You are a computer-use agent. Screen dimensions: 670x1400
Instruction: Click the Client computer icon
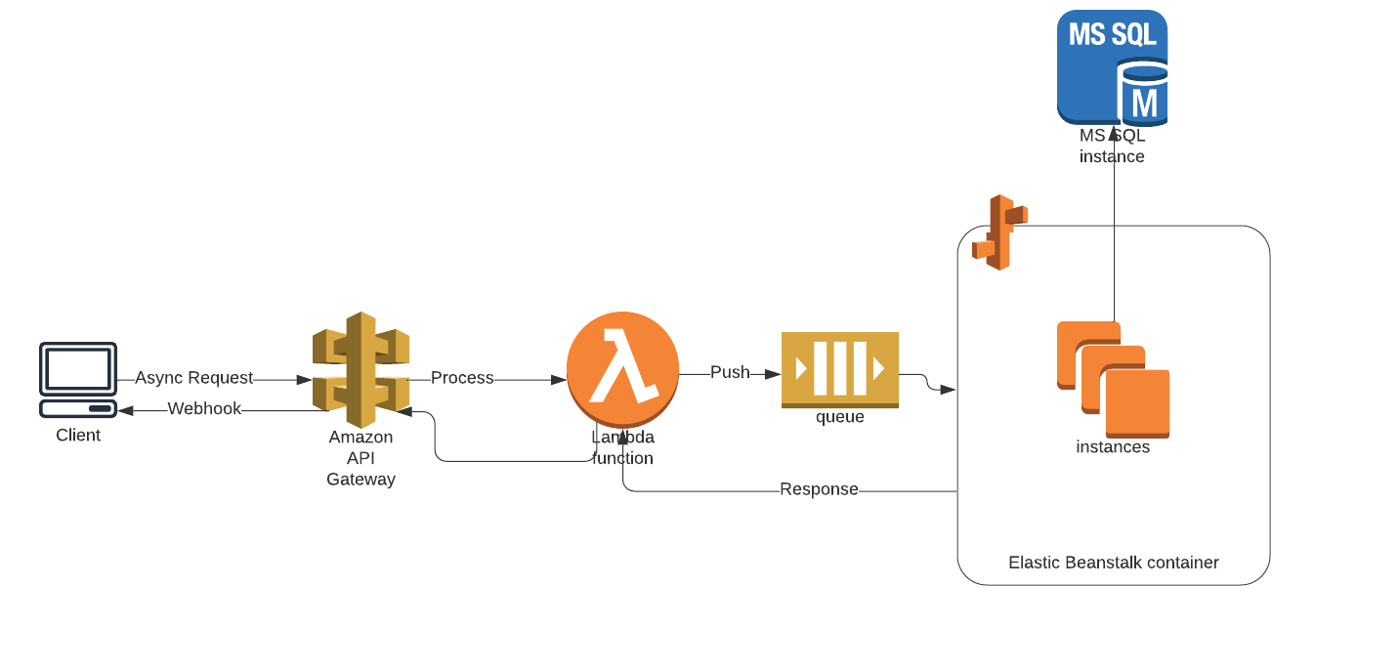(78, 380)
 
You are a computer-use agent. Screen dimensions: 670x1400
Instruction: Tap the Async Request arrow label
(193, 378)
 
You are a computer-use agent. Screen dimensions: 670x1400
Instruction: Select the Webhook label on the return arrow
(204, 409)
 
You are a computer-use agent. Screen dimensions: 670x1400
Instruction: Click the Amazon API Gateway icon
(361, 370)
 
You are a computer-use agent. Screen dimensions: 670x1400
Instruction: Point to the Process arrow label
(462, 378)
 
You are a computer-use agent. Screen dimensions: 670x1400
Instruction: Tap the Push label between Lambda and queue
(730, 372)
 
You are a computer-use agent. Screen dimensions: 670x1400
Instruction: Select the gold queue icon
(839, 369)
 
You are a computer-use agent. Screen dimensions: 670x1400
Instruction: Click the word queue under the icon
(839, 417)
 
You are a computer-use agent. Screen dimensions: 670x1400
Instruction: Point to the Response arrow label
(819, 489)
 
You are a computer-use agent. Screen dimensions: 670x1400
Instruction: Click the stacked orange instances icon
(1113, 379)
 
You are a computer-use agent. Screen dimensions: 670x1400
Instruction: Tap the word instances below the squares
(1113, 447)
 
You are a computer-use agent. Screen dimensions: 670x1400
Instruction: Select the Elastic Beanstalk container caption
(1113, 563)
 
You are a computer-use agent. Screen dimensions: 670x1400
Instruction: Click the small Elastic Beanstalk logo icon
(999, 232)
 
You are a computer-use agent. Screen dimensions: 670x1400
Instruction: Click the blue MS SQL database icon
(1112, 66)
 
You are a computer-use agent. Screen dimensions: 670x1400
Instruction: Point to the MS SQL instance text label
(1112, 147)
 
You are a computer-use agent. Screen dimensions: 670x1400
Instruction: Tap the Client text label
(78, 436)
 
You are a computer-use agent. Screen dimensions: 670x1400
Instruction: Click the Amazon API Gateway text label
(361, 458)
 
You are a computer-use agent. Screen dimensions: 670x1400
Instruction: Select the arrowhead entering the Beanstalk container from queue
(948, 390)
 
